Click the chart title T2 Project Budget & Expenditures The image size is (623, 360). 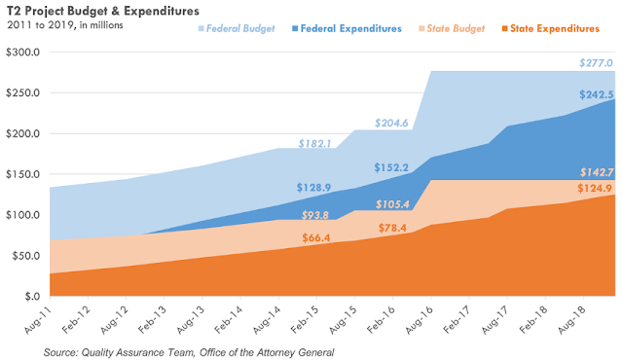coord(103,11)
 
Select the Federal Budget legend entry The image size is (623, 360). coord(237,28)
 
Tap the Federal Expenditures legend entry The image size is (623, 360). coord(347,28)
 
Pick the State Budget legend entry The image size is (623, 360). coord(452,28)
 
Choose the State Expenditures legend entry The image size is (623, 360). coord(551,28)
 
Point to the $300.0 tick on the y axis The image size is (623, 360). coord(22,52)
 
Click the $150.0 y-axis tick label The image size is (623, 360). coord(22,174)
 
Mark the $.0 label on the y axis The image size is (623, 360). coord(32,297)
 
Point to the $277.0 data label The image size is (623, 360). coord(596,63)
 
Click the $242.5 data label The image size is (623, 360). coord(597,94)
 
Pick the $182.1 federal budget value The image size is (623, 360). coord(314,143)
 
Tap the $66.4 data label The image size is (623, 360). coord(315,237)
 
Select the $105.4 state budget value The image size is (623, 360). coord(392,204)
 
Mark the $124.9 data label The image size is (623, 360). coord(595,188)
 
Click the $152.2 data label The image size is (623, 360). coord(391,167)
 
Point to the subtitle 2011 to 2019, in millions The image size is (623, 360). coord(65,25)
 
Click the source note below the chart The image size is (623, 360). coord(189,352)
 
